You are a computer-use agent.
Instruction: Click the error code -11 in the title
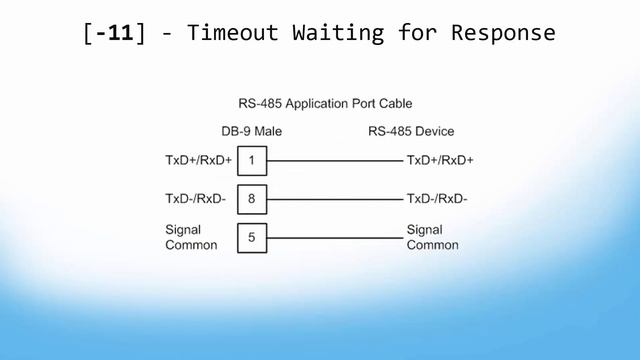point(112,32)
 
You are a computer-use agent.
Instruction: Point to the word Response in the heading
point(503,32)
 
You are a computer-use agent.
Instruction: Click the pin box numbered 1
point(252,160)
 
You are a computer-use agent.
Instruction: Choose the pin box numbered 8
point(252,199)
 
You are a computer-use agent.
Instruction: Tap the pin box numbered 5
point(252,238)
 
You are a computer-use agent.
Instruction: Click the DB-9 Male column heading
point(252,132)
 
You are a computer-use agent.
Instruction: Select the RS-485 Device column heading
point(411,132)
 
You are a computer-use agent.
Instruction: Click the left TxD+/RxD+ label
point(198,160)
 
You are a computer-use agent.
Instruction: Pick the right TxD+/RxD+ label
point(440,160)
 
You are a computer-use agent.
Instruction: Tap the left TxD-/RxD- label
point(196,199)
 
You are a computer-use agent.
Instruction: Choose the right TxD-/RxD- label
point(437,199)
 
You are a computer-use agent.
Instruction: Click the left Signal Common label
point(191,238)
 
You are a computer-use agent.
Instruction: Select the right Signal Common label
point(432,238)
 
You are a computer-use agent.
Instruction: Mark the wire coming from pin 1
point(334,160)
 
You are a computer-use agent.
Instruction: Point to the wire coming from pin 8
point(334,199)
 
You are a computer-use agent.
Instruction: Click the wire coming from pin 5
point(334,238)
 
